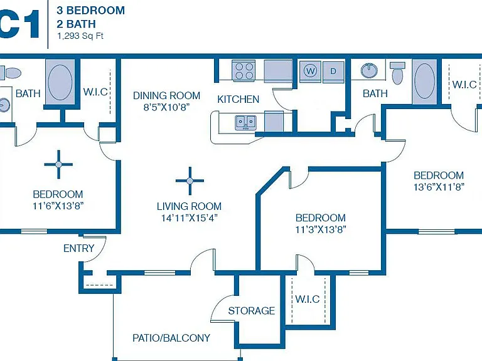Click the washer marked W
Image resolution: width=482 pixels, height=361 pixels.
click(x=311, y=71)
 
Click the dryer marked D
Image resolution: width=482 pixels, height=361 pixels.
click(x=333, y=71)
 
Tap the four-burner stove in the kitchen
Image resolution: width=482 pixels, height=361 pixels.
click(x=244, y=71)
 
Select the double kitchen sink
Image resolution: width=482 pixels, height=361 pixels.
click(x=245, y=123)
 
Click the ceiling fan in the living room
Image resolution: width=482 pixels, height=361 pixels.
click(x=190, y=180)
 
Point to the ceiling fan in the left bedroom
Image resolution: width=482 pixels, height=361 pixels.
click(x=58, y=165)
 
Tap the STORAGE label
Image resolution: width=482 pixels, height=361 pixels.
click(x=252, y=311)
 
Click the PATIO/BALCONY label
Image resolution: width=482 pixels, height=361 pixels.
click(x=171, y=338)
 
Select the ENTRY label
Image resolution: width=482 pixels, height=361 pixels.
click(x=78, y=248)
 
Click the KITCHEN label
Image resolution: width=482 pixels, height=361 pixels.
click(x=238, y=99)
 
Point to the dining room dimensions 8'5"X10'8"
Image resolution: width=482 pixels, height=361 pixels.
click(x=166, y=107)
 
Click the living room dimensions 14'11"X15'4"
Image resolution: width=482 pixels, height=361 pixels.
click(x=190, y=218)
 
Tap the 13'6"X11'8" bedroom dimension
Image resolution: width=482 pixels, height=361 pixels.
click(x=439, y=187)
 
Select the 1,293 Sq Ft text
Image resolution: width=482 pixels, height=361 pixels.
click(x=80, y=36)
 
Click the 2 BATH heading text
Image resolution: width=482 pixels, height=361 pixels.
click(x=76, y=24)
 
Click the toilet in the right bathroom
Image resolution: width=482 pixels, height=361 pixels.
click(x=397, y=73)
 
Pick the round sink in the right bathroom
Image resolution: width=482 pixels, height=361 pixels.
click(x=369, y=71)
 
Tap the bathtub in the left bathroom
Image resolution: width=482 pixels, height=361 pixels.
click(x=60, y=81)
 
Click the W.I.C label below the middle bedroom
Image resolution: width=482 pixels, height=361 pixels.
click(x=308, y=299)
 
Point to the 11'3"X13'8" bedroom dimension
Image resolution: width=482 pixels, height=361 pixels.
click(x=321, y=229)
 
